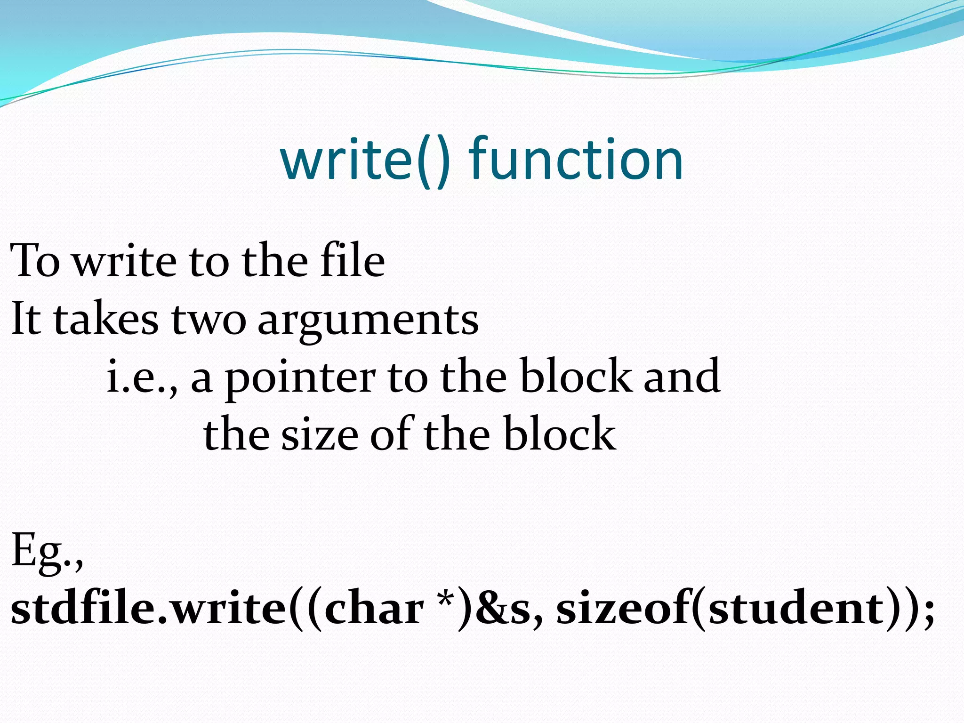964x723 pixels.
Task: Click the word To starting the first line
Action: point(35,261)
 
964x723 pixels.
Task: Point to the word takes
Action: point(106,320)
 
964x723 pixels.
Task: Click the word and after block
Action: point(682,376)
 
